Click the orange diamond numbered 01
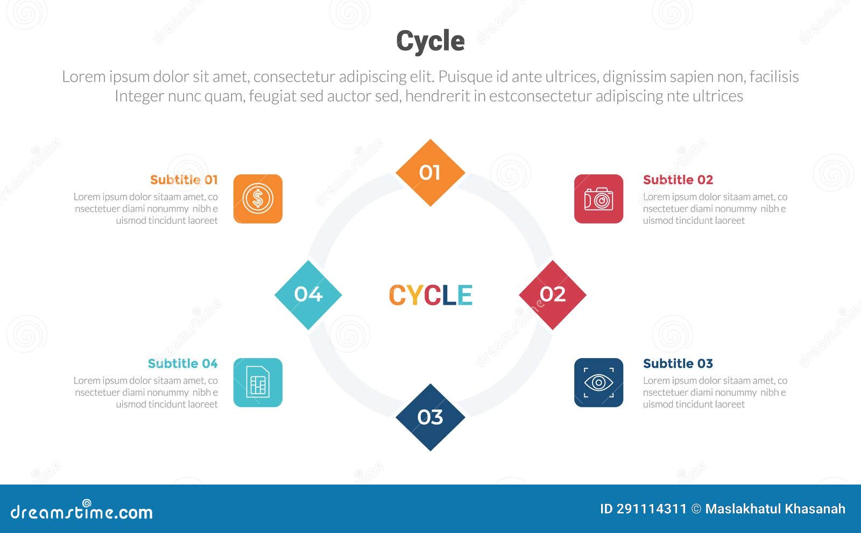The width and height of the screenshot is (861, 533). [x=430, y=173]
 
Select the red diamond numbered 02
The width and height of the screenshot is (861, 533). [x=553, y=294]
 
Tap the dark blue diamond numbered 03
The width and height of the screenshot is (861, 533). [x=430, y=417]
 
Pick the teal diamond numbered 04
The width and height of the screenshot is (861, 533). [x=308, y=294]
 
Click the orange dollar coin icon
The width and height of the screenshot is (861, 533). [x=258, y=199]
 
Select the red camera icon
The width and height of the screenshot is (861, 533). [x=598, y=199]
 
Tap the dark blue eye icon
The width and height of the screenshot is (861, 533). [x=598, y=383]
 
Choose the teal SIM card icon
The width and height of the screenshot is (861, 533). [x=258, y=383]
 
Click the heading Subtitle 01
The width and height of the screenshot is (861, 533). [x=184, y=180]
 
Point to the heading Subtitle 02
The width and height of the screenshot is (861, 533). [x=678, y=180]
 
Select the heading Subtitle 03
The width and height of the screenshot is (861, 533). [x=678, y=363]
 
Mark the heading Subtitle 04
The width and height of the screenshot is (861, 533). [x=182, y=363]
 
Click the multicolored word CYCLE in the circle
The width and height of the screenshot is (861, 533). [x=430, y=295]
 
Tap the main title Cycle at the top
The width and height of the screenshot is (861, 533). [x=430, y=41]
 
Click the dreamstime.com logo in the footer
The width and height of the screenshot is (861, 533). [x=82, y=511]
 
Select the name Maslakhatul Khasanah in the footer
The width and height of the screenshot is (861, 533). [x=775, y=509]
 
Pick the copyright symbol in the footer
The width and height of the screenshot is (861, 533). [x=696, y=509]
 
